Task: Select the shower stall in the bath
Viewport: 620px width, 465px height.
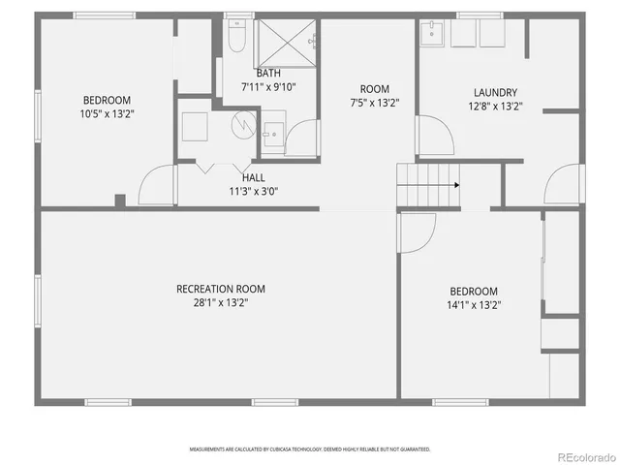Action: click(285, 41)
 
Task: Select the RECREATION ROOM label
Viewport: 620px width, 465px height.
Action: click(220, 289)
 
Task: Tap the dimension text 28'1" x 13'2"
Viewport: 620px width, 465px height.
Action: click(220, 302)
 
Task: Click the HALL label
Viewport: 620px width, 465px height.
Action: click(253, 177)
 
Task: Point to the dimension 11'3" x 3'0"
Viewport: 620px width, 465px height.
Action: click(253, 191)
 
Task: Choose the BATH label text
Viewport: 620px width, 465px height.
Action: click(267, 74)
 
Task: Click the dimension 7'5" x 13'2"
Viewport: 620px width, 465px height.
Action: click(374, 102)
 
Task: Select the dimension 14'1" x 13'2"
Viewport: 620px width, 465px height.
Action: click(474, 304)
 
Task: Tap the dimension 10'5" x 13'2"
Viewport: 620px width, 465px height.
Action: click(107, 112)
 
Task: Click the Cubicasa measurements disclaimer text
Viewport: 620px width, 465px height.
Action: click(308, 449)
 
